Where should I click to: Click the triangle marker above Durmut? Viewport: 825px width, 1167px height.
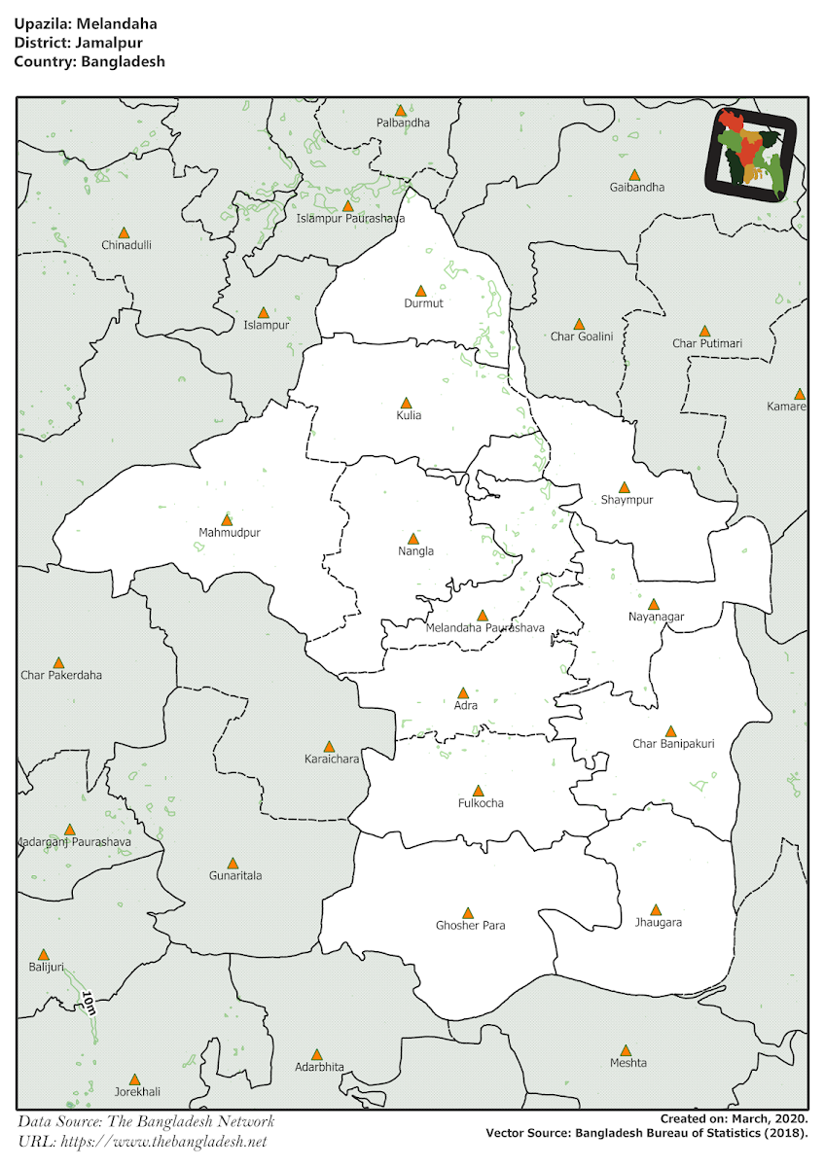point(420,291)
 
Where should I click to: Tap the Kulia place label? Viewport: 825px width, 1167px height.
point(410,415)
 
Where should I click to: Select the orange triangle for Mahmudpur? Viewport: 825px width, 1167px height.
point(227,520)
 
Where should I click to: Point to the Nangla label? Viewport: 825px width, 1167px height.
point(415,551)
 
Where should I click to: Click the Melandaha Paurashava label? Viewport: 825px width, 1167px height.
point(484,628)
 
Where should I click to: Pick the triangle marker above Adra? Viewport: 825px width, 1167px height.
point(463,692)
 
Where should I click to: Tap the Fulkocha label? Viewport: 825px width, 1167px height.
point(481,803)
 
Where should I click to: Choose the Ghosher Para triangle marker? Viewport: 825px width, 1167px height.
point(467,913)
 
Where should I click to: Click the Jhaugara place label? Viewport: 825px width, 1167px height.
point(657,922)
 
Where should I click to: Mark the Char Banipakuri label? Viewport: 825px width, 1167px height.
point(673,744)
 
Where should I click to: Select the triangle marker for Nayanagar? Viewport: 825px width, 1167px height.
point(653,604)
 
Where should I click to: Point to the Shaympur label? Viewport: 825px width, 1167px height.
point(627,500)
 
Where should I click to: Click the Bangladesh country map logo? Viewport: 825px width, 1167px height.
point(750,155)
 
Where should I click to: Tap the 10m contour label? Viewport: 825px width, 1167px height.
point(88,1003)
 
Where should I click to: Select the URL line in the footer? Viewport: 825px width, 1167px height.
point(142,1141)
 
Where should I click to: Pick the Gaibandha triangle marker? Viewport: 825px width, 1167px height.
point(633,174)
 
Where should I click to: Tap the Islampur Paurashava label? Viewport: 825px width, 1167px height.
point(350,219)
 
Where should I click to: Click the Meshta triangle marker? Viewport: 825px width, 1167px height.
point(626,1050)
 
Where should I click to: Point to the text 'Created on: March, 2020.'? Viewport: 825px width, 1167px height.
point(734,1119)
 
